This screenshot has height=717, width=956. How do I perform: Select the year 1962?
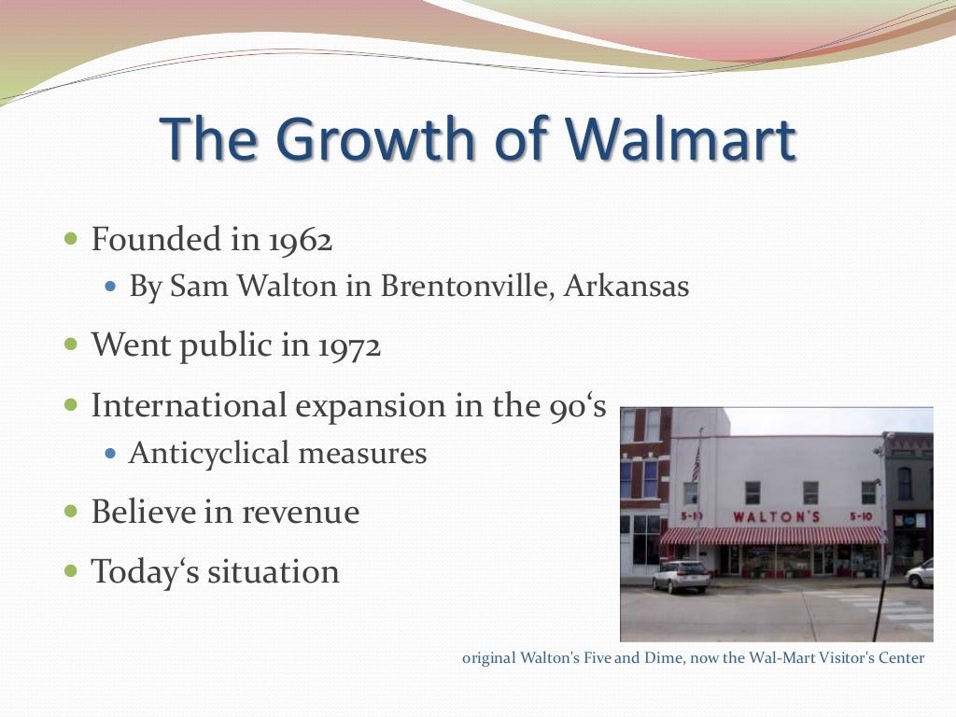click(300, 240)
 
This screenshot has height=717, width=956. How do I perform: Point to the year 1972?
click(348, 346)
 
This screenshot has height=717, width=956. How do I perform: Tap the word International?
click(189, 406)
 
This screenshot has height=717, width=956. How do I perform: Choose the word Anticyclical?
click(209, 453)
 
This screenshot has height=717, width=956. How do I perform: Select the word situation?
click(274, 571)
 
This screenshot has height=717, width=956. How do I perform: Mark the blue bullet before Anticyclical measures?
click(111, 454)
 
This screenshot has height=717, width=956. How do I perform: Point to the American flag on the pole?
click(695, 462)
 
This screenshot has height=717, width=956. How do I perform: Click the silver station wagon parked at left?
click(680, 575)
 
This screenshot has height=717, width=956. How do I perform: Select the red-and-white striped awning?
click(771, 536)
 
